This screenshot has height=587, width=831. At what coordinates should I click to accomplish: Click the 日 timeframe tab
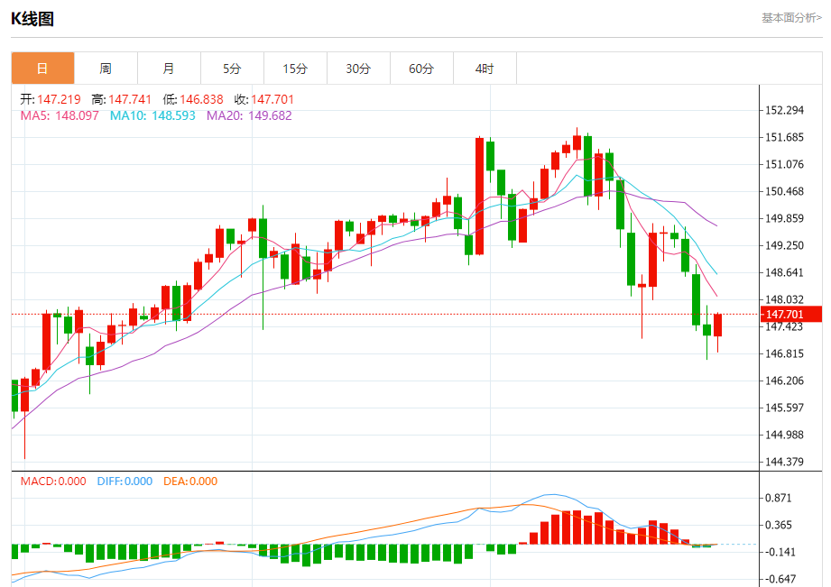click(x=42, y=69)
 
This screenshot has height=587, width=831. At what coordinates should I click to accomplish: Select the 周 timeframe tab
click(x=106, y=69)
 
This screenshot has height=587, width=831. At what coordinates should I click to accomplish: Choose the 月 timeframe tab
click(x=169, y=69)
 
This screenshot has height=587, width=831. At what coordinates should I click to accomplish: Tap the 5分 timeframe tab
click(x=232, y=69)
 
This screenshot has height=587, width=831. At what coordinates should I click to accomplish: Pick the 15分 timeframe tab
click(x=295, y=69)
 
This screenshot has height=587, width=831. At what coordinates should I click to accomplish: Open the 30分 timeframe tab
click(x=358, y=69)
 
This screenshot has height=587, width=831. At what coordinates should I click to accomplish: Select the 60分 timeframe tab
click(x=421, y=69)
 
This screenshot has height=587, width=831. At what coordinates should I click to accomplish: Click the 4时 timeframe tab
click(x=485, y=69)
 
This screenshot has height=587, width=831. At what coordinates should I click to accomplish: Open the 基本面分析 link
click(x=791, y=18)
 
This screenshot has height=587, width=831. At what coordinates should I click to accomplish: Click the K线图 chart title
click(x=32, y=18)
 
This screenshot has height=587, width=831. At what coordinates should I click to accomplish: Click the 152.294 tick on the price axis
click(x=784, y=110)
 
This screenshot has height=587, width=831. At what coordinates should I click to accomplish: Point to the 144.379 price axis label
click(x=784, y=463)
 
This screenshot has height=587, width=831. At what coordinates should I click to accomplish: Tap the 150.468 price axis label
click(x=784, y=191)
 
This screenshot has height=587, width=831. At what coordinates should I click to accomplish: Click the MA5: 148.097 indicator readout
click(x=60, y=115)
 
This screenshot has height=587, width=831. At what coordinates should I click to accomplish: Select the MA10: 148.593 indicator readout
click(x=152, y=115)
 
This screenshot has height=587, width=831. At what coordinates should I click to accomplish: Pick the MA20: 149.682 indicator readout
click(x=249, y=115)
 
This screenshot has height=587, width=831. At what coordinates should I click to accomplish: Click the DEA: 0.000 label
click(x=190, y=482)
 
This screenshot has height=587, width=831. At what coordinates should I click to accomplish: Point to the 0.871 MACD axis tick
click(x=778, y=499)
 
